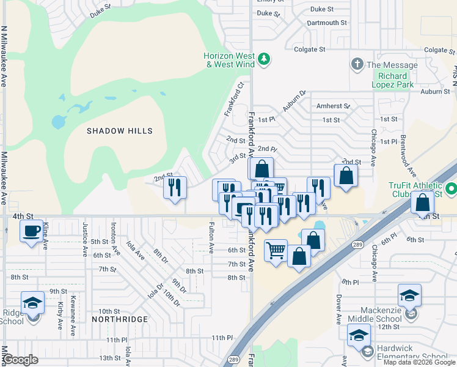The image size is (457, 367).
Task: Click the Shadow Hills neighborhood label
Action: (119, 131)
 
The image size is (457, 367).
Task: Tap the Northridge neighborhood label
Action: (120, 319)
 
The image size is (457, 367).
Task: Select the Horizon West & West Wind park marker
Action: (264, 59)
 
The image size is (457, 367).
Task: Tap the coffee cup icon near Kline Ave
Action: (31, 231)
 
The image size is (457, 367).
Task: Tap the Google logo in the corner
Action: (21, 360)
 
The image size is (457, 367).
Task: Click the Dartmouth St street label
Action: (327, 23)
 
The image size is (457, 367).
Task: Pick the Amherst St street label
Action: (333, 106)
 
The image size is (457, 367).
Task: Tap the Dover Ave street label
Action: (338, 310)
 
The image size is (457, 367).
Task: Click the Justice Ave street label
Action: (85, 237)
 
